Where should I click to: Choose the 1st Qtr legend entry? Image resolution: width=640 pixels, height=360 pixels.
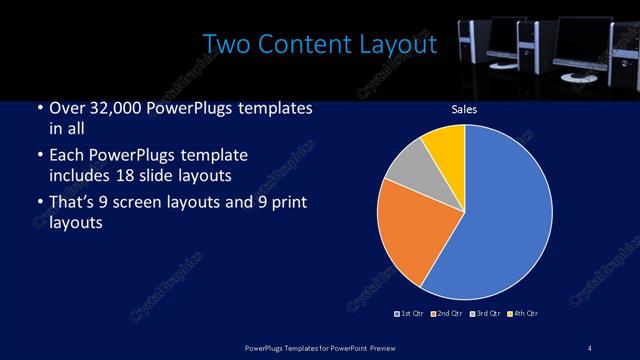410,314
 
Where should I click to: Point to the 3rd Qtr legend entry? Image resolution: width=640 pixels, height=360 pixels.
486,314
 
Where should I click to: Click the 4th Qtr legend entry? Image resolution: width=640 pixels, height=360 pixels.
524,314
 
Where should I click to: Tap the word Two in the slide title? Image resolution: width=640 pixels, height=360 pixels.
223,45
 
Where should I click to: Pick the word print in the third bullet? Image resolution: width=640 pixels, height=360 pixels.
282,205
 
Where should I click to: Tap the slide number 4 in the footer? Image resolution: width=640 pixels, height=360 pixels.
590,347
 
